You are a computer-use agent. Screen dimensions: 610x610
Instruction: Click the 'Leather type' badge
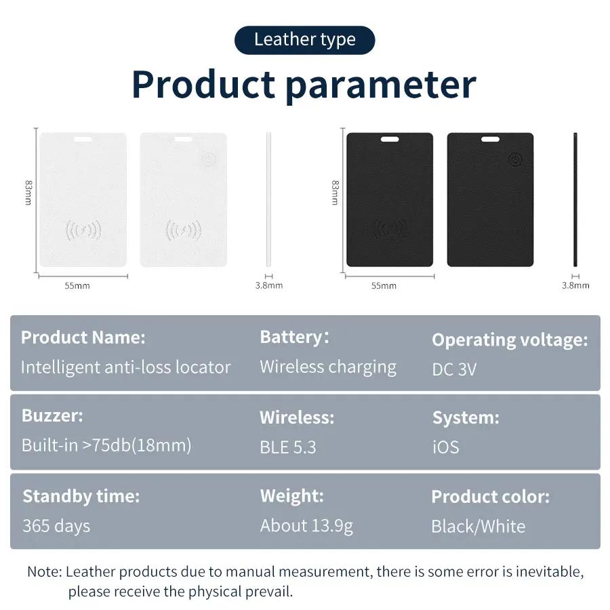pyautogui.click(x=304, y=40)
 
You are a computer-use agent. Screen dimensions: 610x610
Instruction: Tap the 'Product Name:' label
pyautogui.click(x=83, y=338)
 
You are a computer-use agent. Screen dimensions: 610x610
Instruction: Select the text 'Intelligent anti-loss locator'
pyautogui.click(x=125, y=367)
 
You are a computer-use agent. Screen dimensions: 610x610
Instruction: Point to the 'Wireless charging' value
pyautogui.click(x=328, y=367)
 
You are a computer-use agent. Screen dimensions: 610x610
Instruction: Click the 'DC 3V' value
pyautogui.click(x=454, y=369)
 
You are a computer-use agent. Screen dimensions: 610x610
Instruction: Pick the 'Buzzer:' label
pyautogui.click(x=52, y=415)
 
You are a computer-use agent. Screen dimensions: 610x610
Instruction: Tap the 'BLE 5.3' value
pyautogui.click(x=287, y=447)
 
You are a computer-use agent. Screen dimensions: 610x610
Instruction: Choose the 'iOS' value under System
pyautogui.click(x=445, y=447)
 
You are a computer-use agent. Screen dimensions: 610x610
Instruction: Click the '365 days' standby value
pyautogui.click(x=56, y=526)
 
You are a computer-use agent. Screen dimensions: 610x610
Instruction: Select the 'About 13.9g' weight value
pyautogui.click(x=306, y=526)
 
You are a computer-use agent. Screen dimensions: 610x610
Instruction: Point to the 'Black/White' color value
pyautogui.click(x=478, y=527)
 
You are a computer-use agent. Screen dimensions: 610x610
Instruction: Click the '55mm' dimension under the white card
pyautogui.click(x=77, y=286)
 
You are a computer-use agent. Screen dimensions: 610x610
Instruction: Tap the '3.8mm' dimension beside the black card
pyautogui.click(x=575, y=286)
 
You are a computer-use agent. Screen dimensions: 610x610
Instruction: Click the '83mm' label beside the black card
pyautogui.click(x=335, y=192)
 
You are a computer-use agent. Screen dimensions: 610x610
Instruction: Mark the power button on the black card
pyautogui.click(x=515, y=160)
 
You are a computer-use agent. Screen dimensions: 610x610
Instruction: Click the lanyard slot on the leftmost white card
pyautogui.click(x=83, y=140)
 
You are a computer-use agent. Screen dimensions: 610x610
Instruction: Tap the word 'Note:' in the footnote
pyautogui.click(x=44, y=571)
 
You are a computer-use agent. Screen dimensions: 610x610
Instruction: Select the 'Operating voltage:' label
pyautogui.click(x=510, y=340)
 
